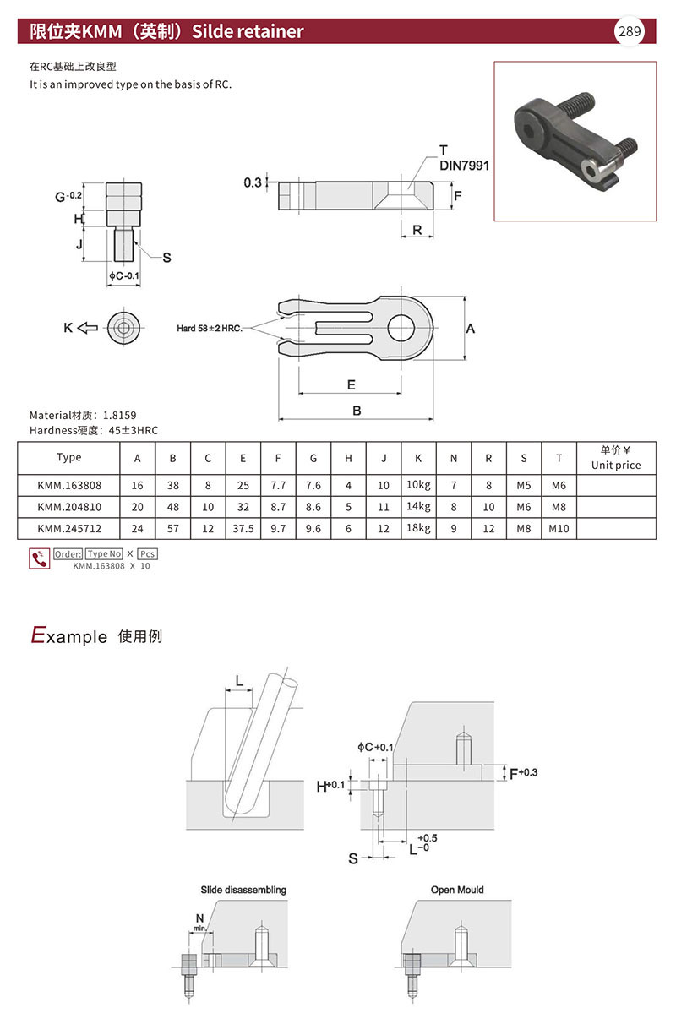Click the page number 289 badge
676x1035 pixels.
(630, 32)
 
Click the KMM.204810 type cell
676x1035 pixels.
(69, 507)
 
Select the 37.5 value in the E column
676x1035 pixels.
(243, 529)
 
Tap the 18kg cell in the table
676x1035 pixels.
(418, 529)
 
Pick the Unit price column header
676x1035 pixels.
(615, 458)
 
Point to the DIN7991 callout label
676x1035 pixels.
(464, 166)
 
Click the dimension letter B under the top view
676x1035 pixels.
(357, 411)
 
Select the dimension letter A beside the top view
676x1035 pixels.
(471, 328)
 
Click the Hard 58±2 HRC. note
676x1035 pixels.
(210, 328)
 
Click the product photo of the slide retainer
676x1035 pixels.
(575, 141)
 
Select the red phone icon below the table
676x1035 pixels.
(39, 558)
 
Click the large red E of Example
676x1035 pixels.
(37, 635)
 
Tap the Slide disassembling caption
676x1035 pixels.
(243, 890)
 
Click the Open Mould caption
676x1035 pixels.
(457, 890)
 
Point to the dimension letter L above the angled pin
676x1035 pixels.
(239, 680)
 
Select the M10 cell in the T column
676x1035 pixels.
(559, 529)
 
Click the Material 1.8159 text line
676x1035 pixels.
(83, 415)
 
